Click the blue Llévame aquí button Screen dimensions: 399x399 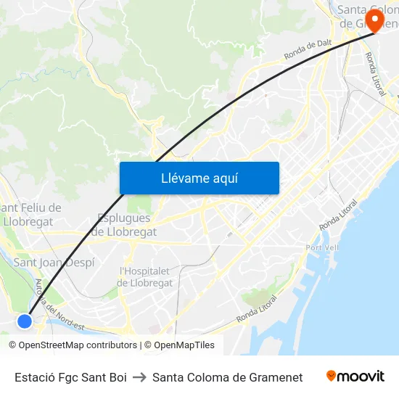[199, 178]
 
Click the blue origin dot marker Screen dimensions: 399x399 [25, 321]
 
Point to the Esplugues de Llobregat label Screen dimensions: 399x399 [124, 225]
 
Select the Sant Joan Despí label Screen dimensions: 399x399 [54, 263]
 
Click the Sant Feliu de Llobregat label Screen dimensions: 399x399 [33, 215]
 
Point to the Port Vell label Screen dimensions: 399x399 [323, 247]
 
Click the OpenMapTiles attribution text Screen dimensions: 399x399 [184, 345]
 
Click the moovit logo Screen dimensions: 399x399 [355, 376]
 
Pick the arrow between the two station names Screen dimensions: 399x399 [139, 377]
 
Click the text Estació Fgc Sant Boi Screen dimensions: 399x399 [70, 377]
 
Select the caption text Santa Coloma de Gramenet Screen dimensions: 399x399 [227, 377]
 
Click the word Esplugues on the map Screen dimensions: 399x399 [124, 218]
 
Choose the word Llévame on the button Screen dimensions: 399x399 [184, 178]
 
